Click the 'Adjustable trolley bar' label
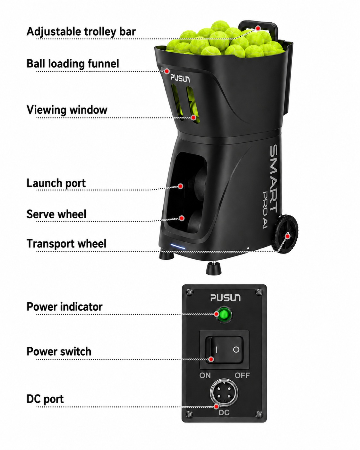coord(81,32)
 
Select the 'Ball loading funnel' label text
coord(73,64)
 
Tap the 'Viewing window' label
coord(67,110)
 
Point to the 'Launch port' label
coord(56,183)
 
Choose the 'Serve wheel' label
coord(56,214)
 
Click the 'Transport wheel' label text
coord(66,244)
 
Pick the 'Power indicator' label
coord(64,307)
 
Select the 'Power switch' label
coord(59,351)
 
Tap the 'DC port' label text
coord(45,399)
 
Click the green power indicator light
coord(224,314)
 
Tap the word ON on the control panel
coord(205,376)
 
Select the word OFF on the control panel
coord(242,376)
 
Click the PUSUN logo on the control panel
coord(225,298)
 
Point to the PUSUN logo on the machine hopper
coord(180,78)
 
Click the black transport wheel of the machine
coord(286,234)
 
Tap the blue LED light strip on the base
coord(178,246)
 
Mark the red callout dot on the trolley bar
coord(258,28)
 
